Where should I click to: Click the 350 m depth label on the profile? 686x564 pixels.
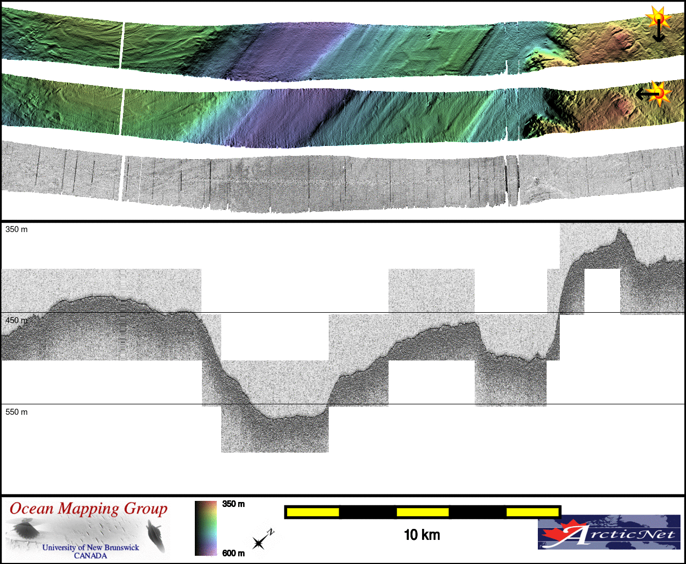pos(16,229)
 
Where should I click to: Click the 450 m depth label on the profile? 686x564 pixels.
pos(16,320)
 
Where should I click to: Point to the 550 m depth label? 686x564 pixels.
pos(16,412)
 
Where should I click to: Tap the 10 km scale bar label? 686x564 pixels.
pos(422,535)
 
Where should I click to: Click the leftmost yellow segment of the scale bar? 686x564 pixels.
pos(313,512)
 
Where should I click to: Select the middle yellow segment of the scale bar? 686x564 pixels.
pos(423,512)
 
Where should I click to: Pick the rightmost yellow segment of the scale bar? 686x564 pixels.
pos(532,512)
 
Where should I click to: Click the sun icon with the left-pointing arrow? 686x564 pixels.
pos(654,94)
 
